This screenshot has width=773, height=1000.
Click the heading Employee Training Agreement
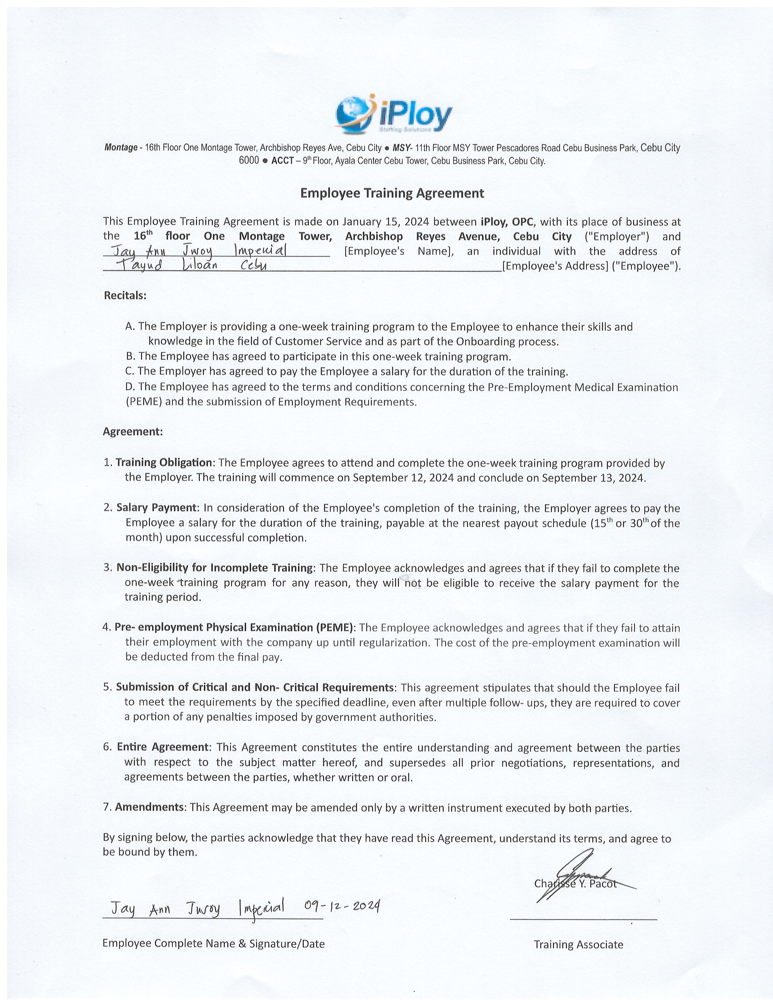[x=392, y=193]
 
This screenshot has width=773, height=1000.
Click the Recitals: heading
[x=125, y=295]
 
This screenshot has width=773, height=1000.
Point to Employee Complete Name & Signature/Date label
[x=213, y=943]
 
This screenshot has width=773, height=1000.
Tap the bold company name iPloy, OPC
[x=507, y=222]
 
